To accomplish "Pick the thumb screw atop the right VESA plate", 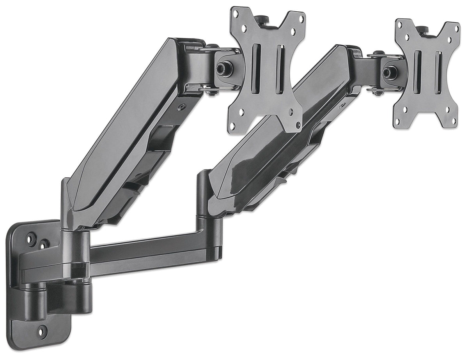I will point(422,29).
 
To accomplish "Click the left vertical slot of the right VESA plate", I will point(417,72).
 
